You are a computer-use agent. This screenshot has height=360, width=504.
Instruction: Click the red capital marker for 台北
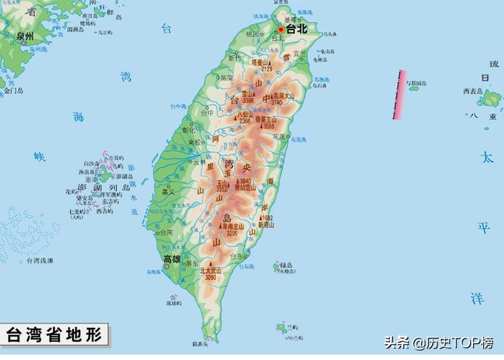[x=282, y=30]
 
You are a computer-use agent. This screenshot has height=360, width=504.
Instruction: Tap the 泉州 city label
[x=24, y=35]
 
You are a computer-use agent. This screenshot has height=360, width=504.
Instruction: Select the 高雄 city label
[x=171, y=259]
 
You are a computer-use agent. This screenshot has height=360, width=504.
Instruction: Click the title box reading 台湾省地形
[x=55, y=334]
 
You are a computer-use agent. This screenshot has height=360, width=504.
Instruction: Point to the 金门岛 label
[x=13, y=89]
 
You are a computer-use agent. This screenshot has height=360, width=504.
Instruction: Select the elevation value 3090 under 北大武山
[x=210, y=277]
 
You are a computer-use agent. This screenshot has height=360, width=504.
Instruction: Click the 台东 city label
[x=237, y=257]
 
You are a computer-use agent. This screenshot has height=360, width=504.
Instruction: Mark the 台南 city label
[x=166, y=232]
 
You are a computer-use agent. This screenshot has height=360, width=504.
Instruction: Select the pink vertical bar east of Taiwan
[x=400, y=94]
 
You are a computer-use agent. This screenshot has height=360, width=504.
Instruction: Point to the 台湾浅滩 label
[x=40, y=260]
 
